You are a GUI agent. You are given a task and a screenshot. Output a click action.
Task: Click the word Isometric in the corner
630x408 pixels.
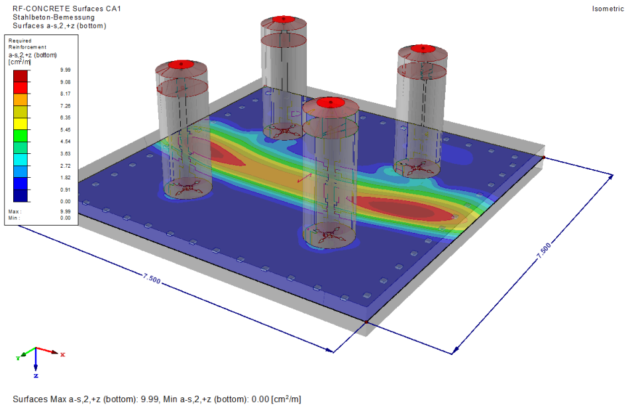tap(607, 9)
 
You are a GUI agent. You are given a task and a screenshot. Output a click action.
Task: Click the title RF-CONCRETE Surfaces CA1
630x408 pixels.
tap(67, 9)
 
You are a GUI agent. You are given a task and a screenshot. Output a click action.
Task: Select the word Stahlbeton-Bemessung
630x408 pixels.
tap(54, 17)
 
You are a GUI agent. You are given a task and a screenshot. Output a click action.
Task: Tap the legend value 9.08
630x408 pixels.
tap(66, 82)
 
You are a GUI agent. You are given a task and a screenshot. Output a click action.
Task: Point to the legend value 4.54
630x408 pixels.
tap(66, 141)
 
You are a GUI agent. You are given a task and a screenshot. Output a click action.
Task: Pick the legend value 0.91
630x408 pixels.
tap(66, 190)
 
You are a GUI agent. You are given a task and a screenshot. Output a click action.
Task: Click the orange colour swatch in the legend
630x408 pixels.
tap(21, 100)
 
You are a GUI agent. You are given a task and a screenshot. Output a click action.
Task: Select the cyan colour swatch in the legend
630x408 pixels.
tap(21, 159)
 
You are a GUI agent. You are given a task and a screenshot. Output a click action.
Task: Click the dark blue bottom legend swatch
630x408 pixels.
tap(21, 196)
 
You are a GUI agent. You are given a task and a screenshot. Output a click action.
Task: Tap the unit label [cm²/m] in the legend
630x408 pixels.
tap(20, 62)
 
